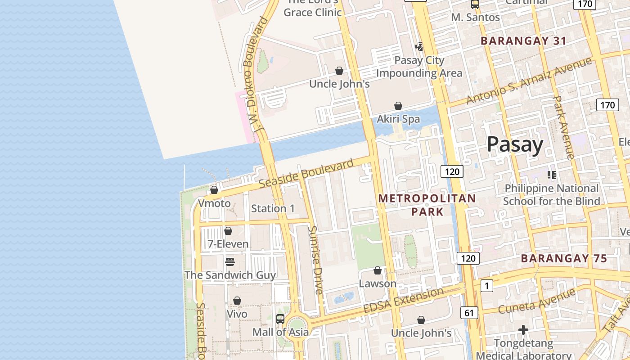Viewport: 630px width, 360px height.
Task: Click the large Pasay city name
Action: click(515, 144)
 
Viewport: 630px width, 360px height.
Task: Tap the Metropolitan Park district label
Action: click(427, 205)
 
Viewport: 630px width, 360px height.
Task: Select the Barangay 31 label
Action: click(523, 40)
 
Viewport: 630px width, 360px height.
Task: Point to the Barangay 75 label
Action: click(564, 259)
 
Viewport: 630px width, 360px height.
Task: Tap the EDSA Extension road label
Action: click(404, 300)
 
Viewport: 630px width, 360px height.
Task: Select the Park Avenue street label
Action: click(563, 127)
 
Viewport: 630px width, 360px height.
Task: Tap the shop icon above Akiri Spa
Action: click(398, 106)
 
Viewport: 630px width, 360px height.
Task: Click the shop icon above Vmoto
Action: click(214, 190)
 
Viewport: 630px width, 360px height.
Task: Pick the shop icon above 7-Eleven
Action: click(228, 231)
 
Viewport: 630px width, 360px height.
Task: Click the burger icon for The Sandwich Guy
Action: click(230, 262)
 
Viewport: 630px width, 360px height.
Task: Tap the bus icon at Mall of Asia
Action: click(280, 319)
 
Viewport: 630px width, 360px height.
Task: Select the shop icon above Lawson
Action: click(378, 270)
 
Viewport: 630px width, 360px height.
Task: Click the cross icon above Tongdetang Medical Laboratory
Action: click(523, 330)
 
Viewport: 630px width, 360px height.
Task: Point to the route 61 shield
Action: click(469, 313)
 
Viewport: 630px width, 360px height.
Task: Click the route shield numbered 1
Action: click(486, 286)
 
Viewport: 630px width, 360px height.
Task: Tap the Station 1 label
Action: click(273, 208)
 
